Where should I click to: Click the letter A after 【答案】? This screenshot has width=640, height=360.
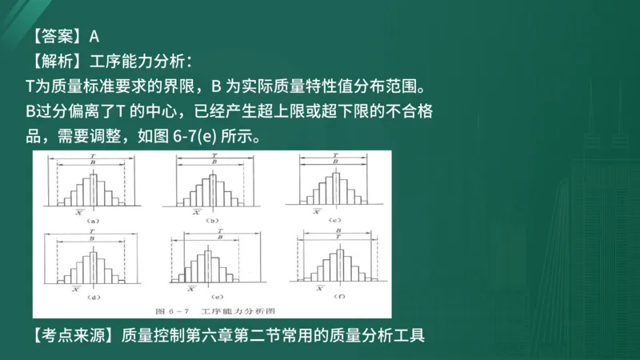click(94, 35)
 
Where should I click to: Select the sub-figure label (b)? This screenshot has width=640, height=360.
click(213, 219)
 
